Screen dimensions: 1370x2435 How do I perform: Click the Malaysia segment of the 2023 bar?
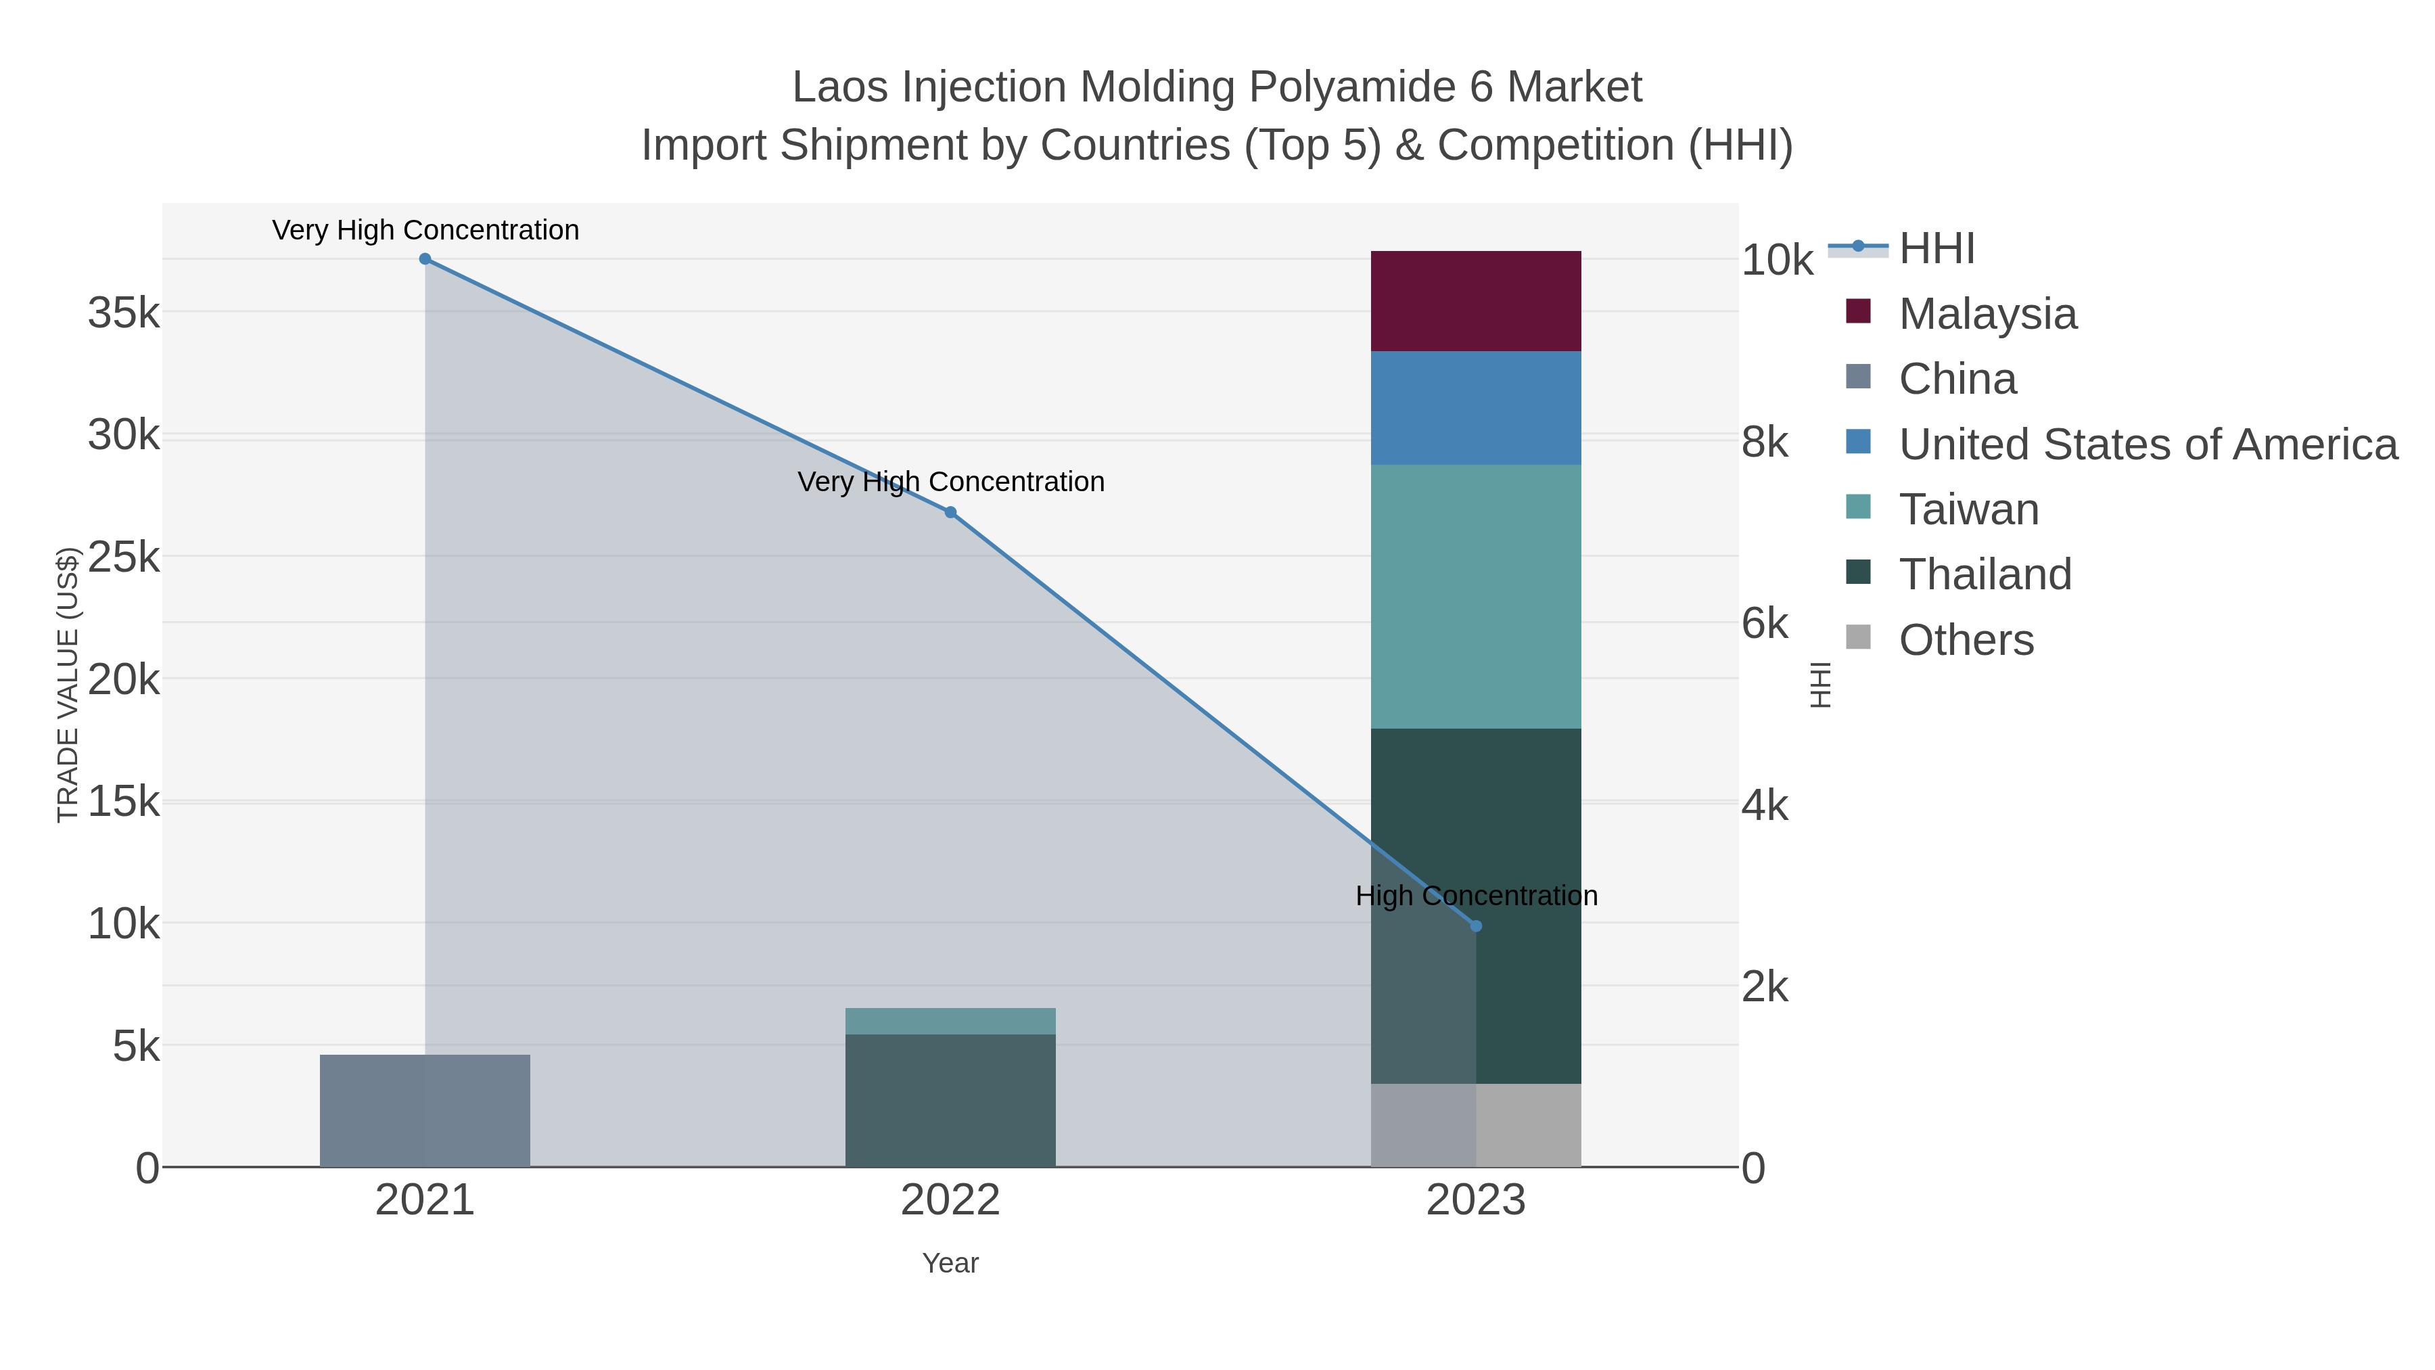(1476, 300)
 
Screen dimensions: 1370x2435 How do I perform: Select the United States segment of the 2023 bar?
(1476, 407)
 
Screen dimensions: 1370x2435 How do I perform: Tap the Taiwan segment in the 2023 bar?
(1476, 595)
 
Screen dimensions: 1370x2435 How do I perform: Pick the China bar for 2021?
(424, 1110)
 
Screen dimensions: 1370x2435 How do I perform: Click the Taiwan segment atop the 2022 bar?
(950, 1021)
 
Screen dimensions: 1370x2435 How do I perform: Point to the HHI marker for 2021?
(424, 259)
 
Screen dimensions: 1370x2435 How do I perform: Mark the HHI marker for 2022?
(950, 512)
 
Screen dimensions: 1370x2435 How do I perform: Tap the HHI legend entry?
(1936, 249)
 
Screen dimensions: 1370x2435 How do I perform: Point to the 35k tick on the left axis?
(124, 313)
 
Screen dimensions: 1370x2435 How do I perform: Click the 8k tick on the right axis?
(1765, 442)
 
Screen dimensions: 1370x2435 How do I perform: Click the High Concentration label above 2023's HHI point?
(1476, 895)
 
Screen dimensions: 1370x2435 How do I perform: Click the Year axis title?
(950, 1263)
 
